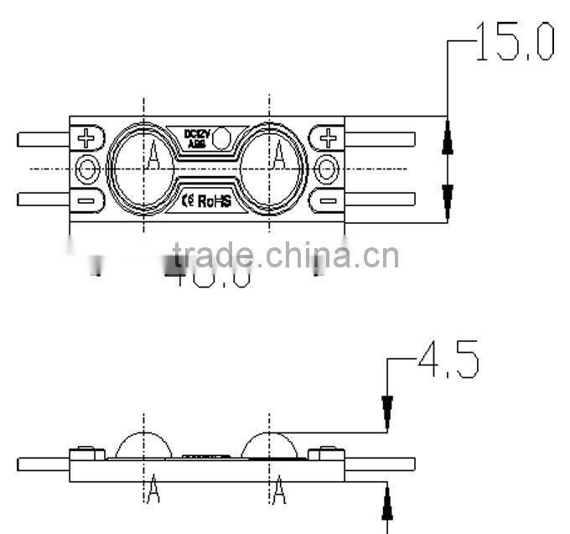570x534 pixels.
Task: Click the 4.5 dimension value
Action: coord(448,360)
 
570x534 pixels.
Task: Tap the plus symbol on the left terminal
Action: coord(88,137)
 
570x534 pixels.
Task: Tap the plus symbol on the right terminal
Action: coord(329,137)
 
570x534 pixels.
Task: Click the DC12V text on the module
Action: coord(196,133)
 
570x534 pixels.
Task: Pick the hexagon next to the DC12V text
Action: coord(225,137)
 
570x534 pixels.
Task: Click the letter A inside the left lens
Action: coord(154,153)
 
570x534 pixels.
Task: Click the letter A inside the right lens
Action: coord(279,153)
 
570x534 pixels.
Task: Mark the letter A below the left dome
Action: coord(153,491)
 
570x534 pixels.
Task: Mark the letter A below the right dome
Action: coord(279,491)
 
